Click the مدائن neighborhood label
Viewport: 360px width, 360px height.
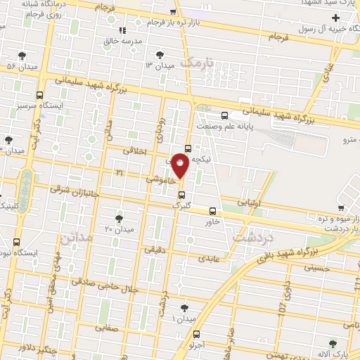[77, 238]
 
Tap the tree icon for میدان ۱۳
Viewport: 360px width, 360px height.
[161, 54]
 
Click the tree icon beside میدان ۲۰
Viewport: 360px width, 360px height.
[119, 219]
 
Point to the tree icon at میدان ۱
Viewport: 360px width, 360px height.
[185, 307]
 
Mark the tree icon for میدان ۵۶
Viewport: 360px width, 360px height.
[22, 55]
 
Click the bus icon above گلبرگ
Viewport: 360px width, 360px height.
[182, 195]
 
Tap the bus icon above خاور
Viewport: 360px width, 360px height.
[213, 211]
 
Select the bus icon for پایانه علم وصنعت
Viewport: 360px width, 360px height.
[224, 116]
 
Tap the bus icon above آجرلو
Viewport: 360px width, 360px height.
[196, 335]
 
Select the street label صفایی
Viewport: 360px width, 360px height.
[103, 328]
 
